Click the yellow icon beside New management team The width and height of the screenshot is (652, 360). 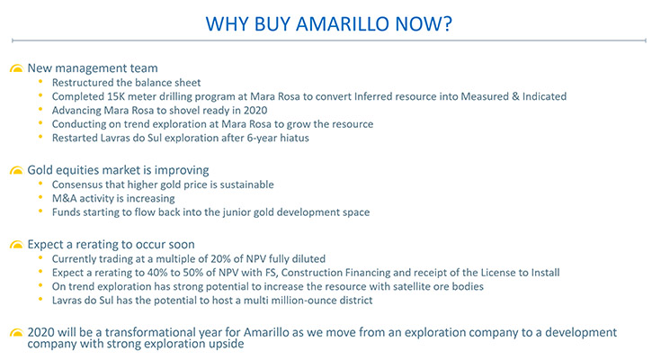(x=16, y=68)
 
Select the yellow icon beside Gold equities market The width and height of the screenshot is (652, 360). (x=16, y=171)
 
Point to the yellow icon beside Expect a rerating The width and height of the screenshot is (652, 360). (x=16, y=245)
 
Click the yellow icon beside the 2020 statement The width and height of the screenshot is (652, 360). (x=16, y=332)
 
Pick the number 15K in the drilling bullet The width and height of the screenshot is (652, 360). (x=116, y=96)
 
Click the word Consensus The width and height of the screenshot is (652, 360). (x=77, y=184)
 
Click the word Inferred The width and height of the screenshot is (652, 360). (x=373, y=96)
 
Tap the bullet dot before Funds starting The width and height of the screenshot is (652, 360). (x=40, y=211)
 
